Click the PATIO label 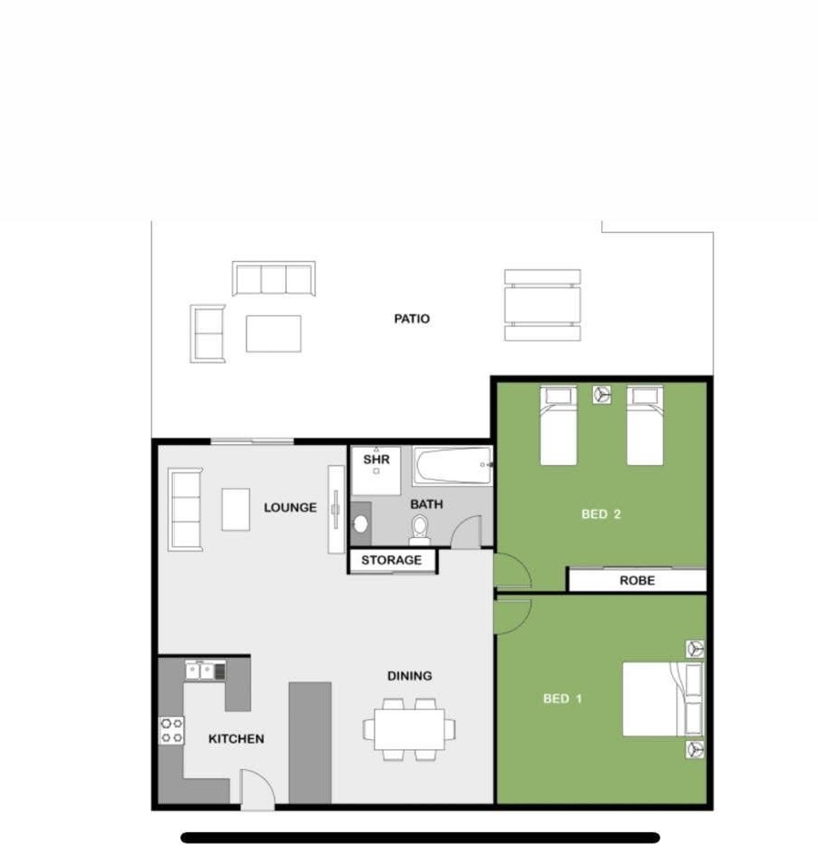(x=412, y=319)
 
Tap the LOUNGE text (x=291, y=507)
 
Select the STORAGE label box (x=392, y=561)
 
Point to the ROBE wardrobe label (x=637, y=581)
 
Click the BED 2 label (x=601, y=514)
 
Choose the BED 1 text (x=562, y=698)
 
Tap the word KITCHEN (x=237, y=738)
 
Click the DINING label (x=410, y=676)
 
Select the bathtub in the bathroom (x=452, y=465)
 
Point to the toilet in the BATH (x=420, y=530)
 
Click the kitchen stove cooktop (x=171, y=731)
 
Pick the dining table (x=410, y=729)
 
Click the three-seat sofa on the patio (x=274, y=279)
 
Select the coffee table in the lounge (x=236, y=510)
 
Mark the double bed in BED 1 (x=662, y=698)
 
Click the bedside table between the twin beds (x=602, y=394)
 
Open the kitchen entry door (x=257, y=790)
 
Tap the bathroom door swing (x=466, y=532)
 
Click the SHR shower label (x=376, y=459)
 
